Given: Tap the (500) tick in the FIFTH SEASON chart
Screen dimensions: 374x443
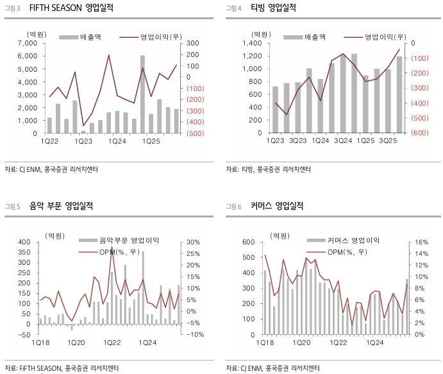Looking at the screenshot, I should point(195,133).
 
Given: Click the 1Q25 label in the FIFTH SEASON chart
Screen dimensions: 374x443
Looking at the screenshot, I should point(151,140).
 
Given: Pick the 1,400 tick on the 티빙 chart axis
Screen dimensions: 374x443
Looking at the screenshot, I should point(253,43).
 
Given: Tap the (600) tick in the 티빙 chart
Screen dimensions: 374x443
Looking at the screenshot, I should point(421,133).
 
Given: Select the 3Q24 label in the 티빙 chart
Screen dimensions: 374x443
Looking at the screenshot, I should point(342,140).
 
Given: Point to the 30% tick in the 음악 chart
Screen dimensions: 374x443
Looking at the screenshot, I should point(194,242).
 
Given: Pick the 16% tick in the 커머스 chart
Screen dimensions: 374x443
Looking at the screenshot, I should point(421,242).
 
